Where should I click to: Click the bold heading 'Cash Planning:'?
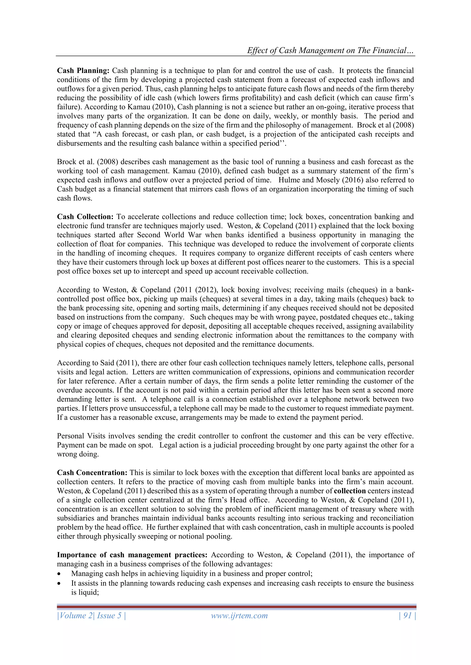83,71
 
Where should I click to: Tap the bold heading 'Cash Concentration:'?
92,472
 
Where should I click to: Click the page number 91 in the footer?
408,615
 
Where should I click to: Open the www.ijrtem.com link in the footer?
239,615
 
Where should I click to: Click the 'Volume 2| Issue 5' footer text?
91,615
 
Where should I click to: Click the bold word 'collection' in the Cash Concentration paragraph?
350,491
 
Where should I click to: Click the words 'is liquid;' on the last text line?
85,592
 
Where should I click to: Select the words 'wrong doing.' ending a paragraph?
78,454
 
